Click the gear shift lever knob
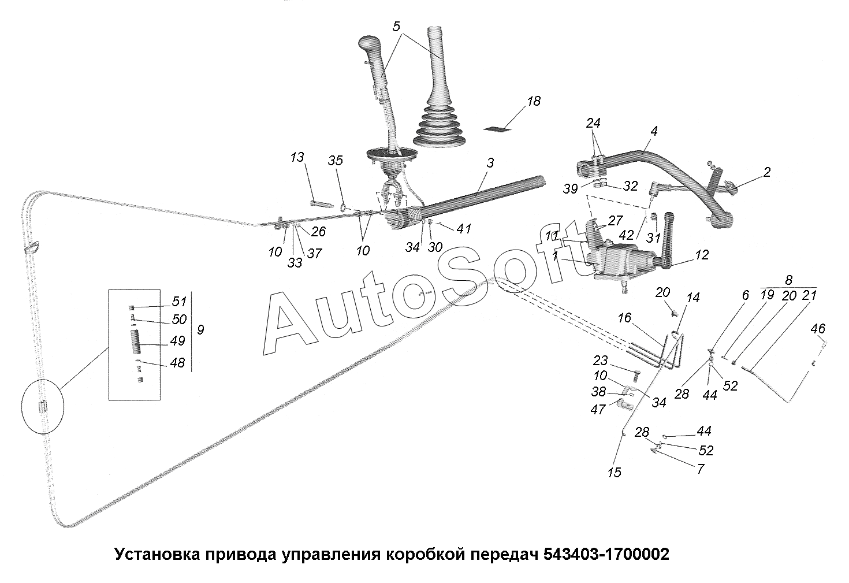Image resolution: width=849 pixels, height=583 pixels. click(x=369, y=45)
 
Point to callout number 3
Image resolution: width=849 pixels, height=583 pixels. click(x=490, y=163)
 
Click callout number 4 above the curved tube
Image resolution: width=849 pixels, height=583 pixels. click(x=653, y=131)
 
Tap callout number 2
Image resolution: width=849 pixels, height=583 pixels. click(x=766, y=172)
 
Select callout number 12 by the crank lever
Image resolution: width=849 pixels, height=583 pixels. click(x=702, y=255)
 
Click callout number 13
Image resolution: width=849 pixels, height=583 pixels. click(x=297, y=158)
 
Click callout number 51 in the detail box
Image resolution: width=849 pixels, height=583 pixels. click(x=180, y=301)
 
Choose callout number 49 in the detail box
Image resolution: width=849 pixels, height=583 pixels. click(x=178, y=341)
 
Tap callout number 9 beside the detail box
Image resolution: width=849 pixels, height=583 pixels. click(x=200, y=329)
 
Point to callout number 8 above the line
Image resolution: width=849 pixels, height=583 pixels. click(x=789, y=280)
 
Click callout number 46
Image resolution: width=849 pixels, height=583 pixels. click(x=818, y=329)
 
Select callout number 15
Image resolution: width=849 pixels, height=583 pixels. click(x=615, y=472)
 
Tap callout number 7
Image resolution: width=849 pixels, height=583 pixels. click(x=701, y=469)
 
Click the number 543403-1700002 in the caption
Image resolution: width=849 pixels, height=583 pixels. click(x=606, y=555)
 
